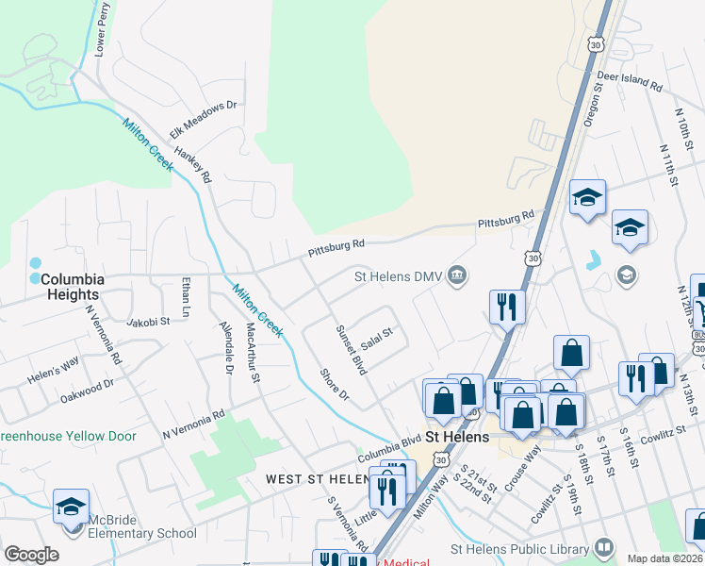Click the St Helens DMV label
pos(399,276)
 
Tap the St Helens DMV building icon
pos(457,276)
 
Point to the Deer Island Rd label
pos(629,81)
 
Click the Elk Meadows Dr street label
pos(203,121)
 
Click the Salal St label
pos(377,338)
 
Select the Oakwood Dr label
pos(87,385)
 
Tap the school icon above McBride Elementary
pos(72,507)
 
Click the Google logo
pos(31,555)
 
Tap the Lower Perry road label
pos(103,29)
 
